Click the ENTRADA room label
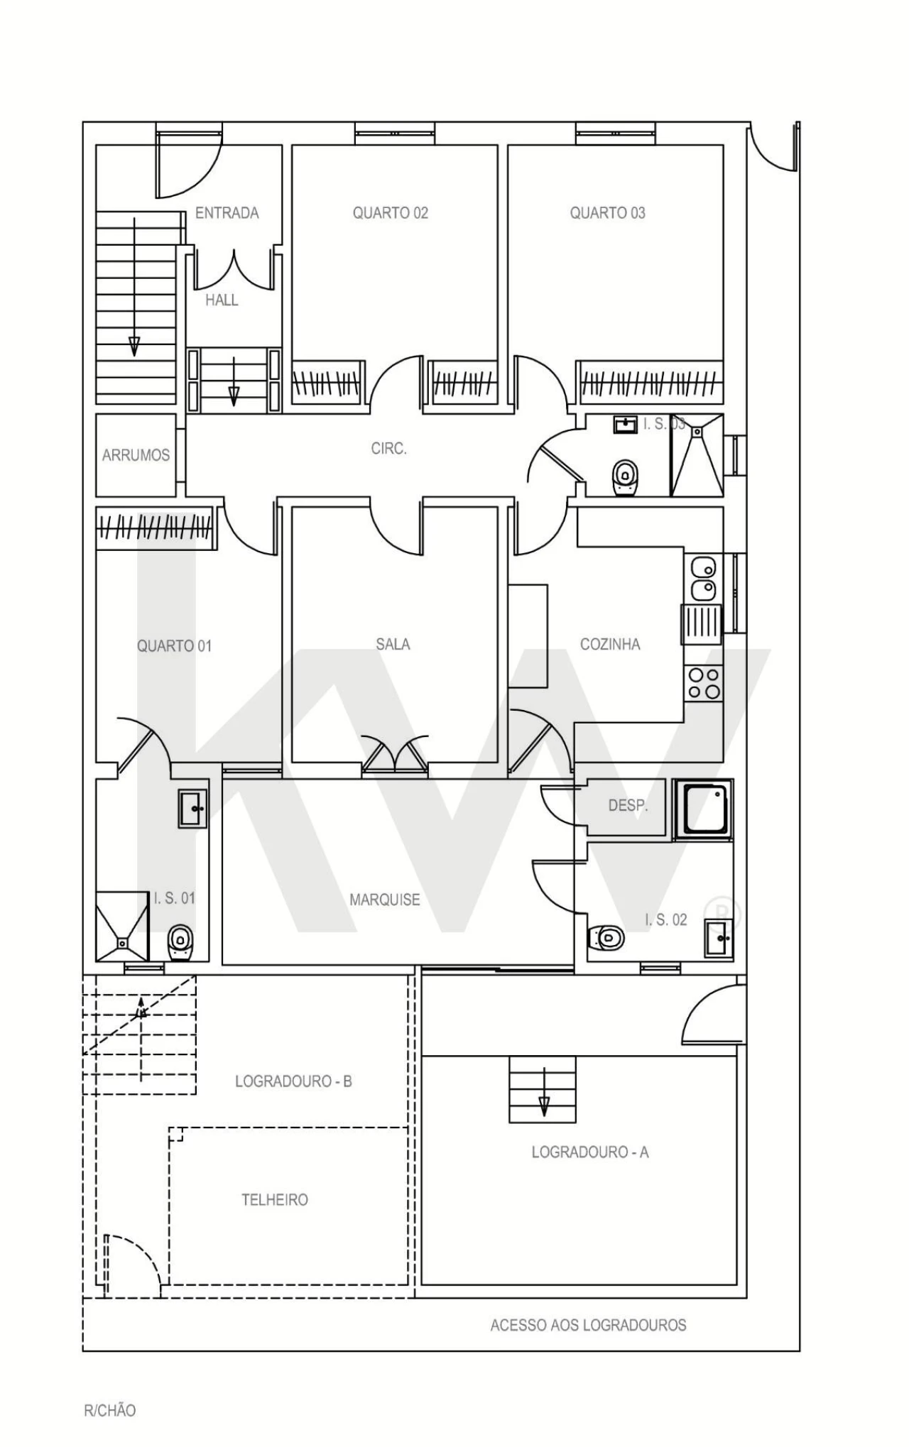[227, 213]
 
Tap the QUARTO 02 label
[391, 213]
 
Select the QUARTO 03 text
[607, 213]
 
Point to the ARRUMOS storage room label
[136, 455]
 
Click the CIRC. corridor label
[388, 449]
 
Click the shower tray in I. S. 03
[697, 455]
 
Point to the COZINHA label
[610, 644]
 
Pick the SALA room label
[393, 644]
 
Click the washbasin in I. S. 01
[192, 808]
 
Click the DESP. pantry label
[628, 806]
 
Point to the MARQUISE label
[384, 900]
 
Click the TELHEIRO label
[275, 1200]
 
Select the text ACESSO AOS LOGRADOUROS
[588, 1325]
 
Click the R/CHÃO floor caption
[109, 1410]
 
